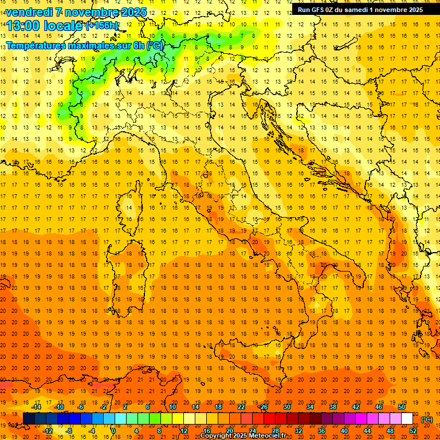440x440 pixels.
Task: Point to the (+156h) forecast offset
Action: coord(102,26)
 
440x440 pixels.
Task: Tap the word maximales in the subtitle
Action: coord(92,45)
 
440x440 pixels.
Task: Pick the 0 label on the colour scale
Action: coord(113,431)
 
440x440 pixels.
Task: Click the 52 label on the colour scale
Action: coord(413,431)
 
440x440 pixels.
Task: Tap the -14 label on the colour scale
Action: coord(37,407)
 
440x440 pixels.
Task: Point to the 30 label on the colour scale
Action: coord(286,407)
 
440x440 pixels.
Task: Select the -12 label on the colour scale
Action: coord(48,431)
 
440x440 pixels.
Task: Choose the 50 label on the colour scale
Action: coord(402,407)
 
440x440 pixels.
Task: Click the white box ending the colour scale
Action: coord(407,419)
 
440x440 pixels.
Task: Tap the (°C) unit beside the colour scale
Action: coord(427,419)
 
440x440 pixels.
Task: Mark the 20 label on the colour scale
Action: coord(229,431)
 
